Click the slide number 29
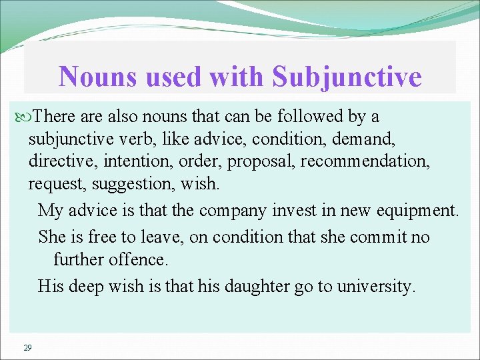[x=27, y=347]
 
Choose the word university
[x=376, y=287]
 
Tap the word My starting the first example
[x=50, y=211]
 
